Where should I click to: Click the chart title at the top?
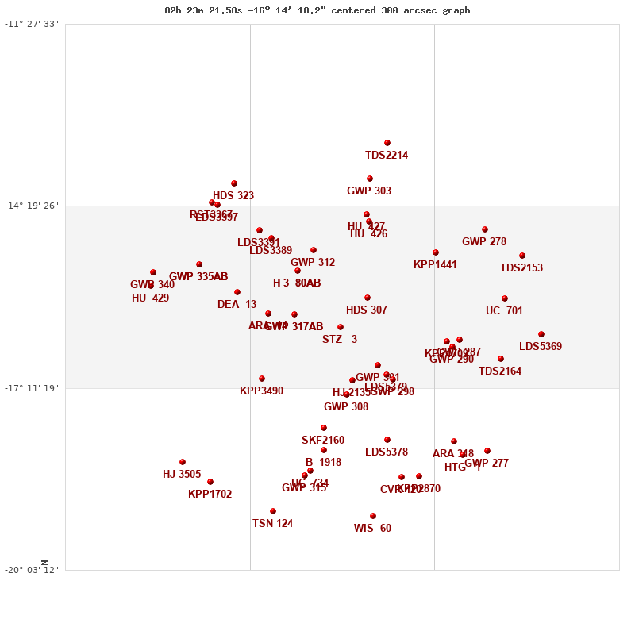point(317,10)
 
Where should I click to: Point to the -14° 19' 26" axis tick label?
point(32,206)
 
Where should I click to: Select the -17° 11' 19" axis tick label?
point(32,388)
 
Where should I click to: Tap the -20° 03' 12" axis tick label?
point(32,570)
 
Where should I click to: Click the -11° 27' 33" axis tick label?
point(32,24)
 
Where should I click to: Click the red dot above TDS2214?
point(387,143)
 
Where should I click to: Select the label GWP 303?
point(369,191)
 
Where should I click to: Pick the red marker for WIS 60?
point(373,516)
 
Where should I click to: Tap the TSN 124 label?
point(273,524)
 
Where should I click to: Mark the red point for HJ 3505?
point(183,462)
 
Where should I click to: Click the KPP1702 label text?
point(210,495)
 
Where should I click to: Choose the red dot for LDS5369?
point(541,334)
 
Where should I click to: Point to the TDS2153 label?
point(521,268)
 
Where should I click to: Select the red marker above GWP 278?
point(485,229)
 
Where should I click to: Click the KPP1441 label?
point(435,265)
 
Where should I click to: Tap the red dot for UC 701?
point(505,298)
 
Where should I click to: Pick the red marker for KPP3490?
point(262,379)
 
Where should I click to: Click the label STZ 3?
point(340,340)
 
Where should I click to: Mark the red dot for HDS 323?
point(234,183)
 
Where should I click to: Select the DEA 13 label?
point(237,305)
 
